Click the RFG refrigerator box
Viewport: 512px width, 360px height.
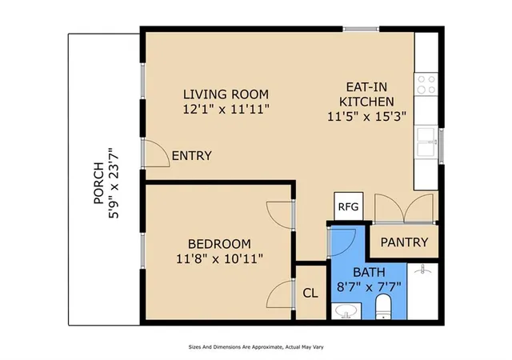tap(349, 206)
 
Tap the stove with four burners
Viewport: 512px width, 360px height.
tap(426, 84)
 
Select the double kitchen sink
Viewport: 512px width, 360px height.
tap(426, 142)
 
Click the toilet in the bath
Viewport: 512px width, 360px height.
tap(383, 307)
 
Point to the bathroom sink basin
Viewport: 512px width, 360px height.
tap(346, 310)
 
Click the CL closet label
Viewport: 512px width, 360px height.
tap(310, 293)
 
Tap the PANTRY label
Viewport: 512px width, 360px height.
tap(404, 242)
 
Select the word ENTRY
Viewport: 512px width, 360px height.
tap(192, 155)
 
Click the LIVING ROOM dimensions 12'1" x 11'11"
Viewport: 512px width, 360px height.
tap(226, 109)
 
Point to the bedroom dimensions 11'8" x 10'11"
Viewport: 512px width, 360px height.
tap(219, 259)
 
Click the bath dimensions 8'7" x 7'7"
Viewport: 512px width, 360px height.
tap(369, 287)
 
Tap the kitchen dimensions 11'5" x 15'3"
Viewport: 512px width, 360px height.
tap(366, 116)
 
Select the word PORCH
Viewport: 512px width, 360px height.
tap(99, 183)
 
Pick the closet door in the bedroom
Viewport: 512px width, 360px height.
tap(279, 294)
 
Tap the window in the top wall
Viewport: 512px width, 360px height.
tap(361, 30)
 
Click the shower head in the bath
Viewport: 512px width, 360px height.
tap(422, 269)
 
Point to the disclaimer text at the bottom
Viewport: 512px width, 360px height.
tap(256, 347)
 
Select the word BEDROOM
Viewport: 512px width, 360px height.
tap(219, 244)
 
